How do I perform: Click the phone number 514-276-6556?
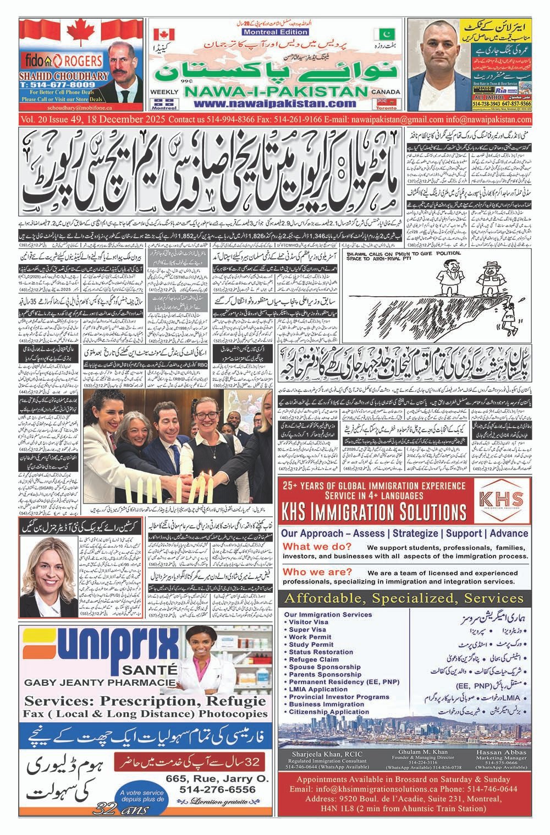[x=217, y=789]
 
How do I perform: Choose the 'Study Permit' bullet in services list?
[x=311, y=645]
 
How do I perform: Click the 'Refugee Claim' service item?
[x=313, y=659]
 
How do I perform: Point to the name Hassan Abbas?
[x=499, y=752]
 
